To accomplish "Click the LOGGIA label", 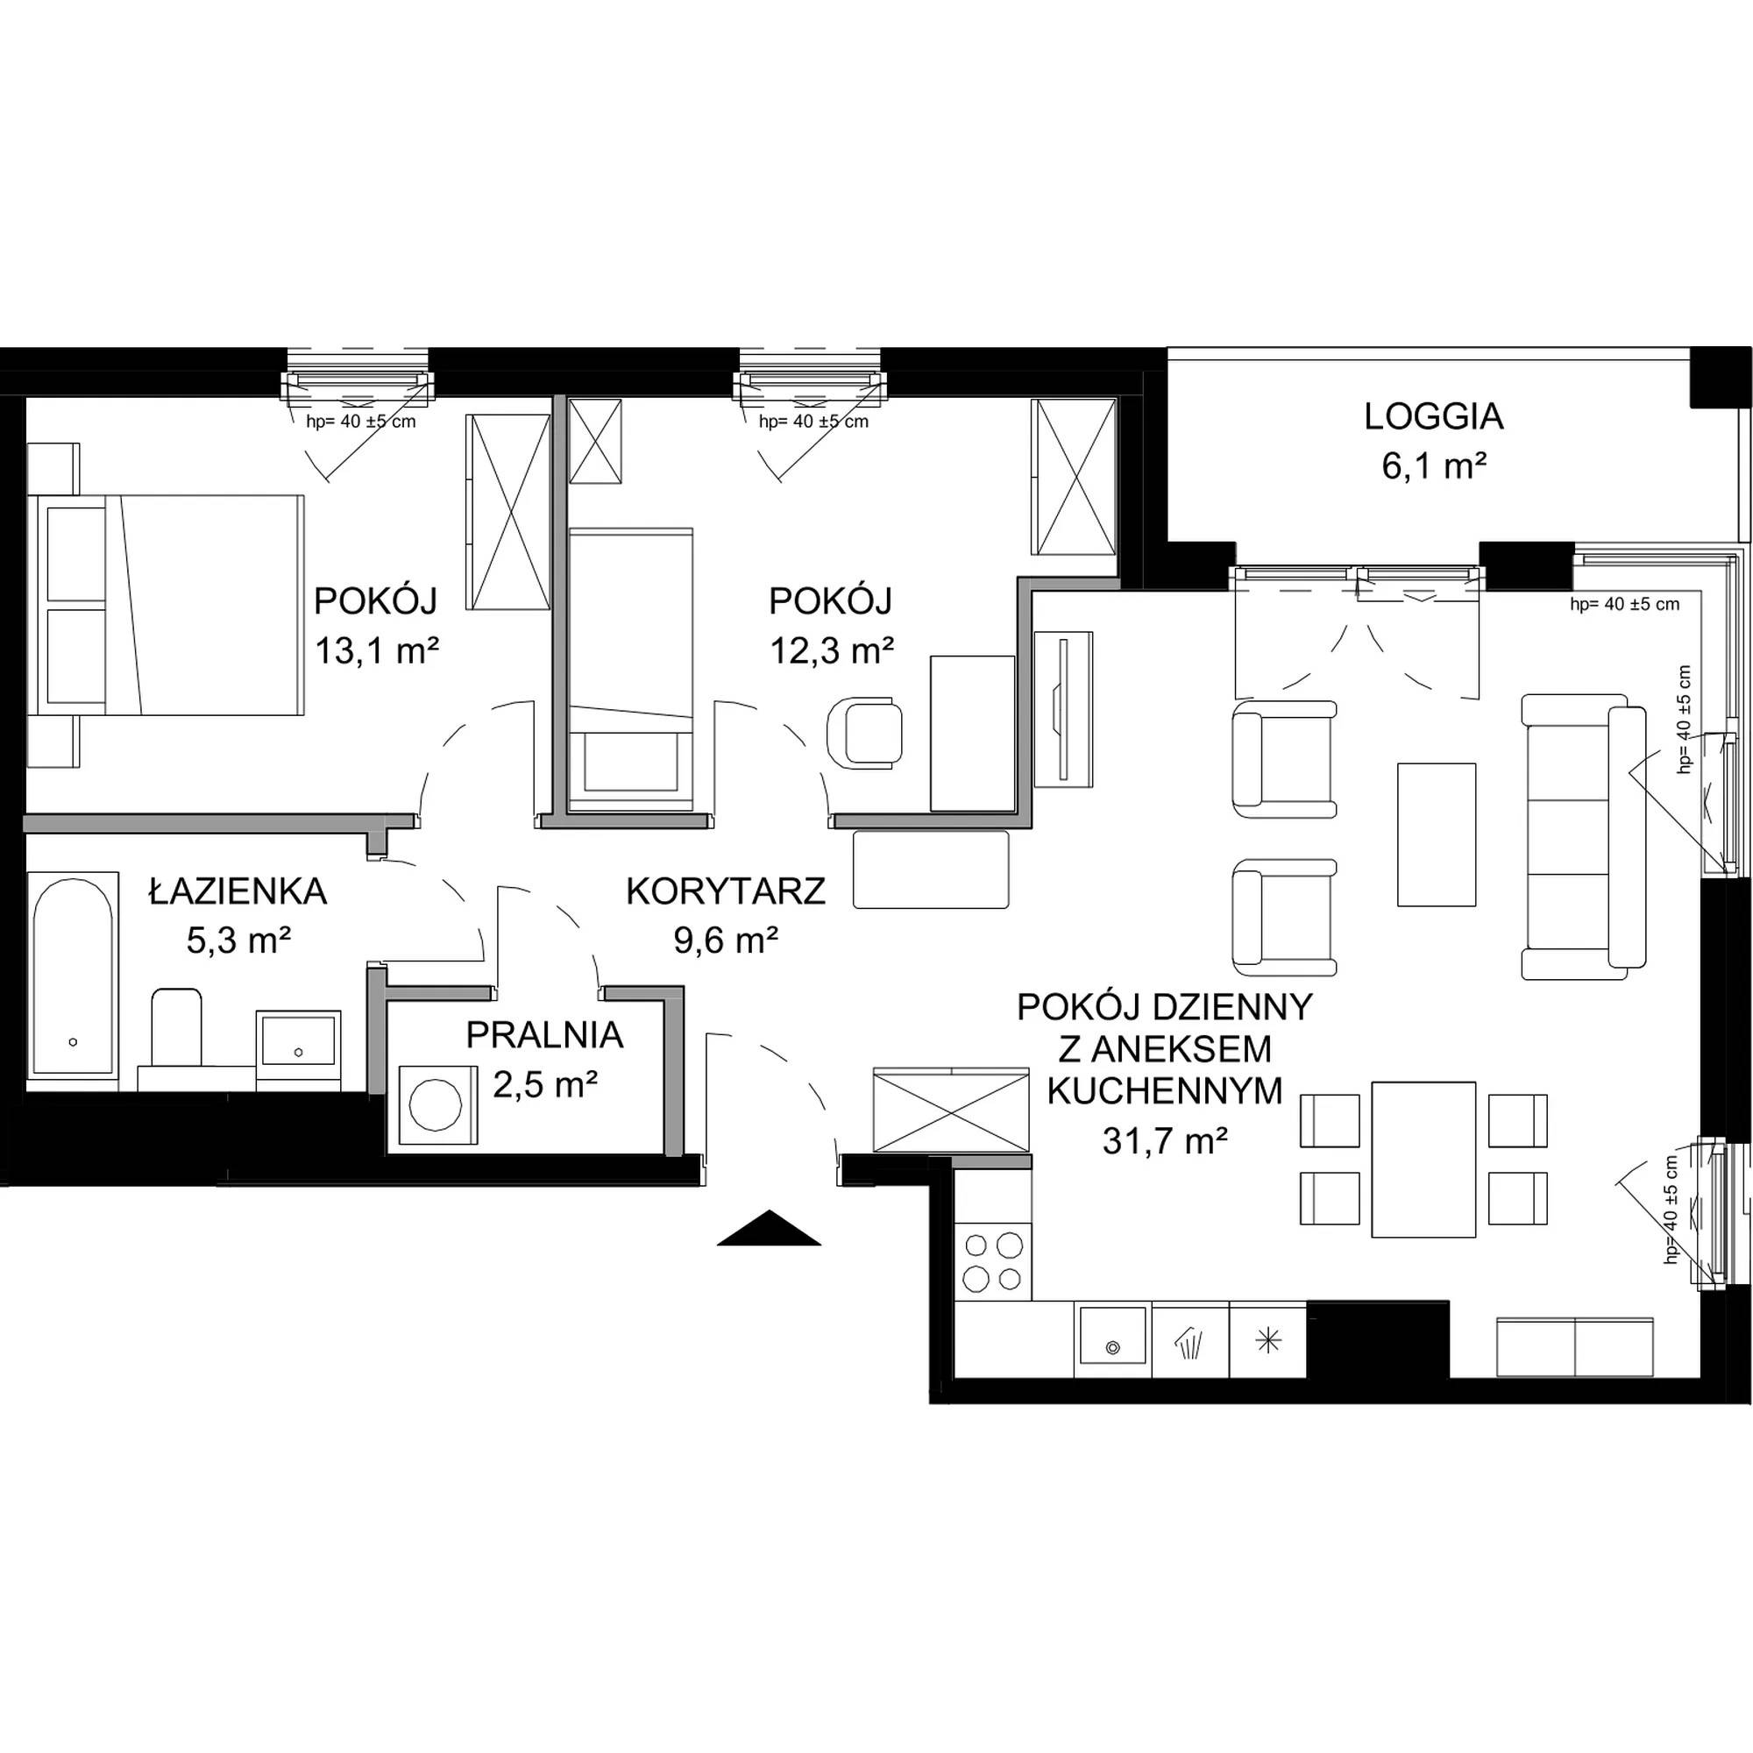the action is click(1434, 416).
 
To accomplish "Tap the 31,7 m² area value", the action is click(1165, 1140).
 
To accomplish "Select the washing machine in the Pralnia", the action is click(436, 1105).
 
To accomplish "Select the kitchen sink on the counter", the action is click(1111, 1341).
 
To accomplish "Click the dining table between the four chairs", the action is click(1423, 1160).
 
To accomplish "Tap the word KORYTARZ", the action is click(726, 892).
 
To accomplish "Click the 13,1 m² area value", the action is click(377, 650).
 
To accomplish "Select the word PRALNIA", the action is click(544, 1035).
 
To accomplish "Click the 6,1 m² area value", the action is click(1434, 467).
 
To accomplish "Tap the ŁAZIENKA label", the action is click(238, 891).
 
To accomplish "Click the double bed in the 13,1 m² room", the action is click(165, 605).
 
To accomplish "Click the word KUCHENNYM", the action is click(1165, 1091).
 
